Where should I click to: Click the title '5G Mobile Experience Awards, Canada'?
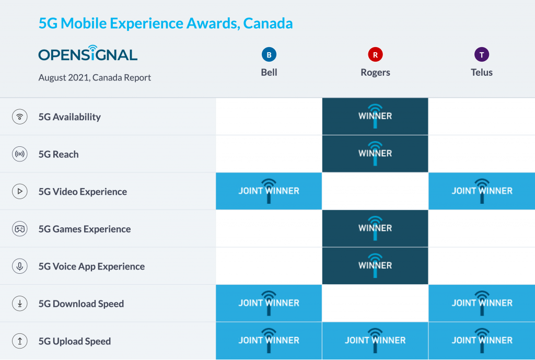pyautogui.click(x=166, y=24)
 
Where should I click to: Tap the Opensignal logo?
pyautogui.click(x=88, y=54)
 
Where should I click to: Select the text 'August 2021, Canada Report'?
pyautogui.click(x=95, y=78)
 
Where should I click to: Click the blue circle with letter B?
pyautogui.click(x=269, y=54)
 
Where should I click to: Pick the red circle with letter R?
pyautogui.click(x=375, y=54)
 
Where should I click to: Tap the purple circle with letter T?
pyautogui.click(x=482, y=54)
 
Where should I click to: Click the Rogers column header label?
pyautogui.click(x=375, y=72)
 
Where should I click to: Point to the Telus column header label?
pyautogui.click(x=482, y=72)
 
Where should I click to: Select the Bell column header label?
pyautogui.click(x=269, y=72)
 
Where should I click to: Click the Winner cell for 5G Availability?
pyautogui.click(x=375, y=116)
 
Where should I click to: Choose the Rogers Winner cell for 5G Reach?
pyautogui.click(x=375, y=154)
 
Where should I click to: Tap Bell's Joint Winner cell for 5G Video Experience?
pyautogui.click(x=269, y=191)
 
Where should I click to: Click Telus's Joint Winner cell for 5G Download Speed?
pyautogui.click(x=482, y=303)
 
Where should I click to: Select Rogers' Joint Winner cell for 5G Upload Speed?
pyautogui.click(x=375, y=341)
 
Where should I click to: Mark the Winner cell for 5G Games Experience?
pyautogui.click(x=375, y=228)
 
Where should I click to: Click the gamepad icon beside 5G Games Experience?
pyautogui.click(x=20, y=229)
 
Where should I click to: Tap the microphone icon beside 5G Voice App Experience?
pyautogui.click(x=20, y=266)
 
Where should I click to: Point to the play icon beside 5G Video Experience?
pyautogui.click(x=20, y=192)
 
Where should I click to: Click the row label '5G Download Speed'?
pyautogui.click(x=81, y=304)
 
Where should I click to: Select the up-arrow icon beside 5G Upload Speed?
pyautogui.click(x=20, y=341)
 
